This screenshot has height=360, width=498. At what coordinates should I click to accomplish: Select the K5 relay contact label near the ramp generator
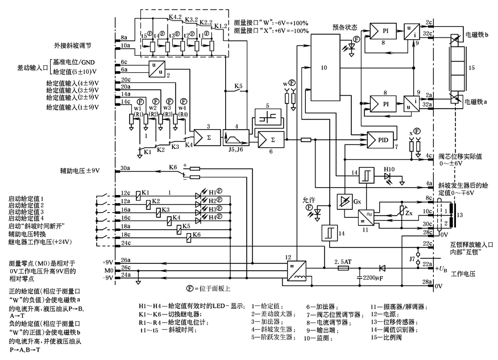[239, 86]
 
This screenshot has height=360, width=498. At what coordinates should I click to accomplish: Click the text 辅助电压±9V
[80, 170]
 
